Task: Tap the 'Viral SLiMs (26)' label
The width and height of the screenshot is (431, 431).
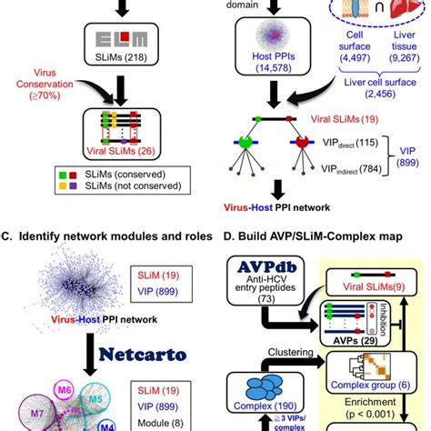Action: click(x=118, y=154)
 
